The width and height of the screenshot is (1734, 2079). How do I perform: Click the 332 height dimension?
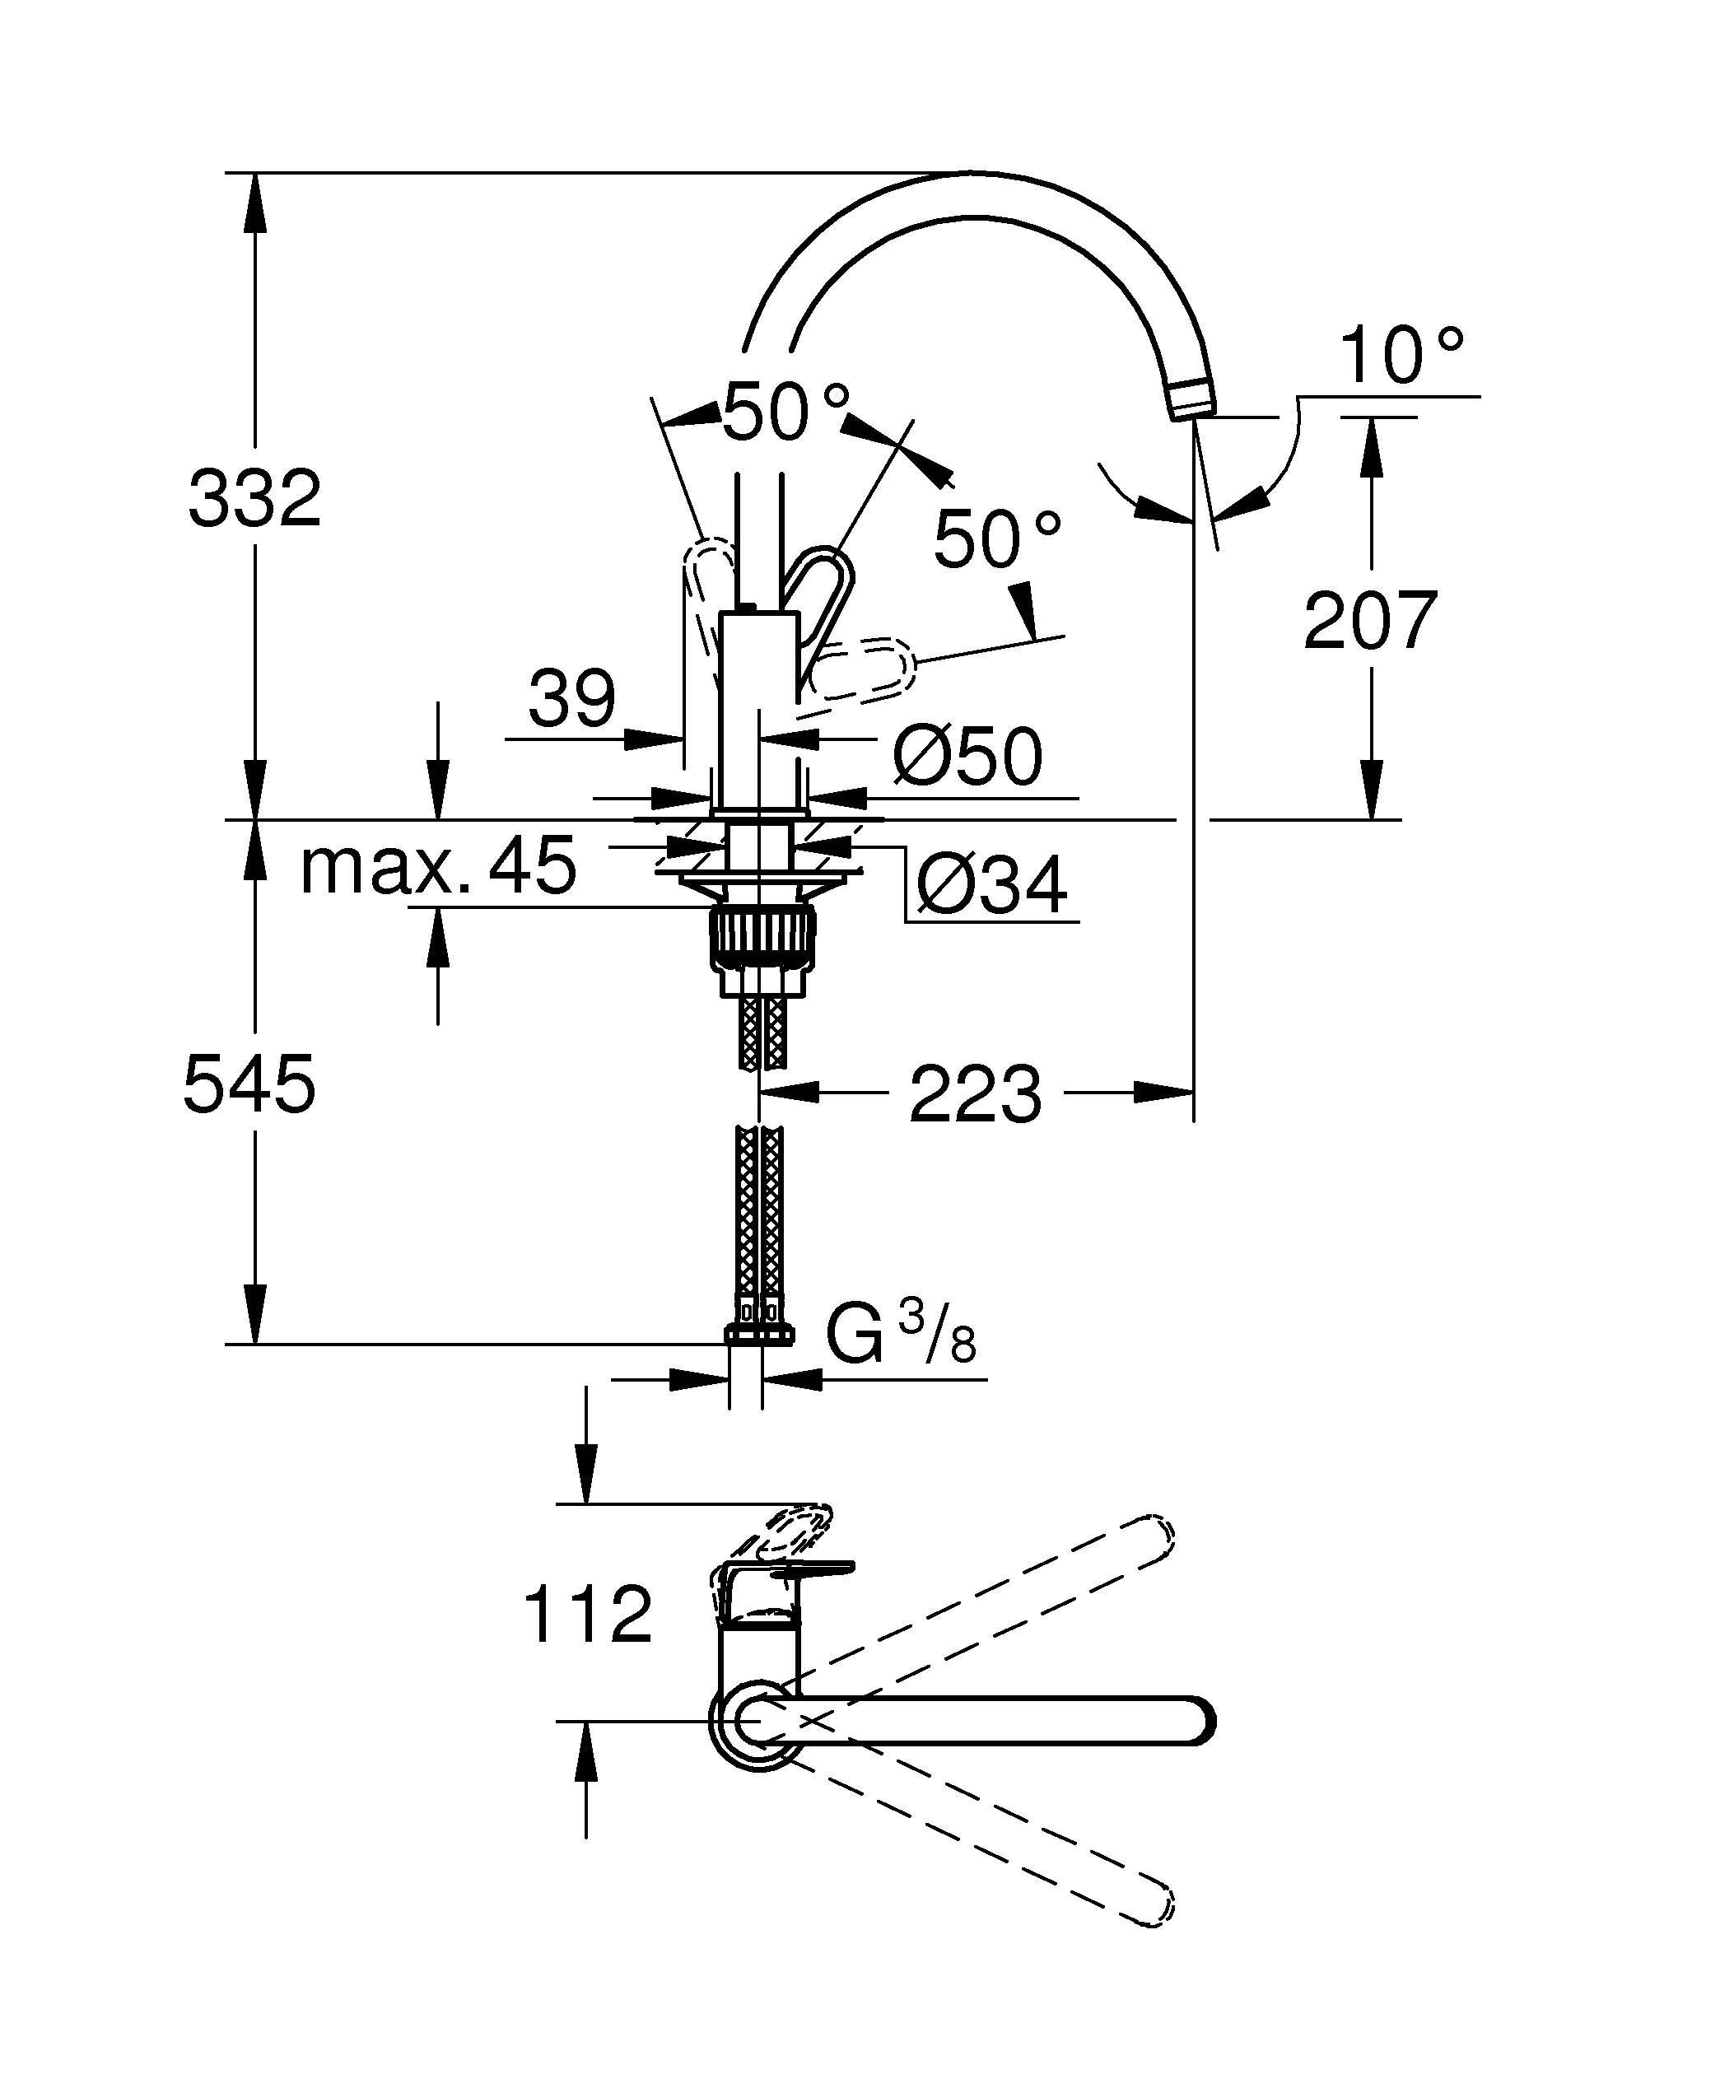(x=254, y=498)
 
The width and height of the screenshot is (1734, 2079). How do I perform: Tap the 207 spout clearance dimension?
(x=1370, y=621)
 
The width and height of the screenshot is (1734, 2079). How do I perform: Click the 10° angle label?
(x=1400, y=357)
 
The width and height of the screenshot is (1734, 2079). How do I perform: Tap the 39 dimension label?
(x=571, y=698)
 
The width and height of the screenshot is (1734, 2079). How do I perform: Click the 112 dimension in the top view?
(x=587, y=1615)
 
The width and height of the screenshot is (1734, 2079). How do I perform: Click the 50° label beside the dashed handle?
(x=996, y=539)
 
